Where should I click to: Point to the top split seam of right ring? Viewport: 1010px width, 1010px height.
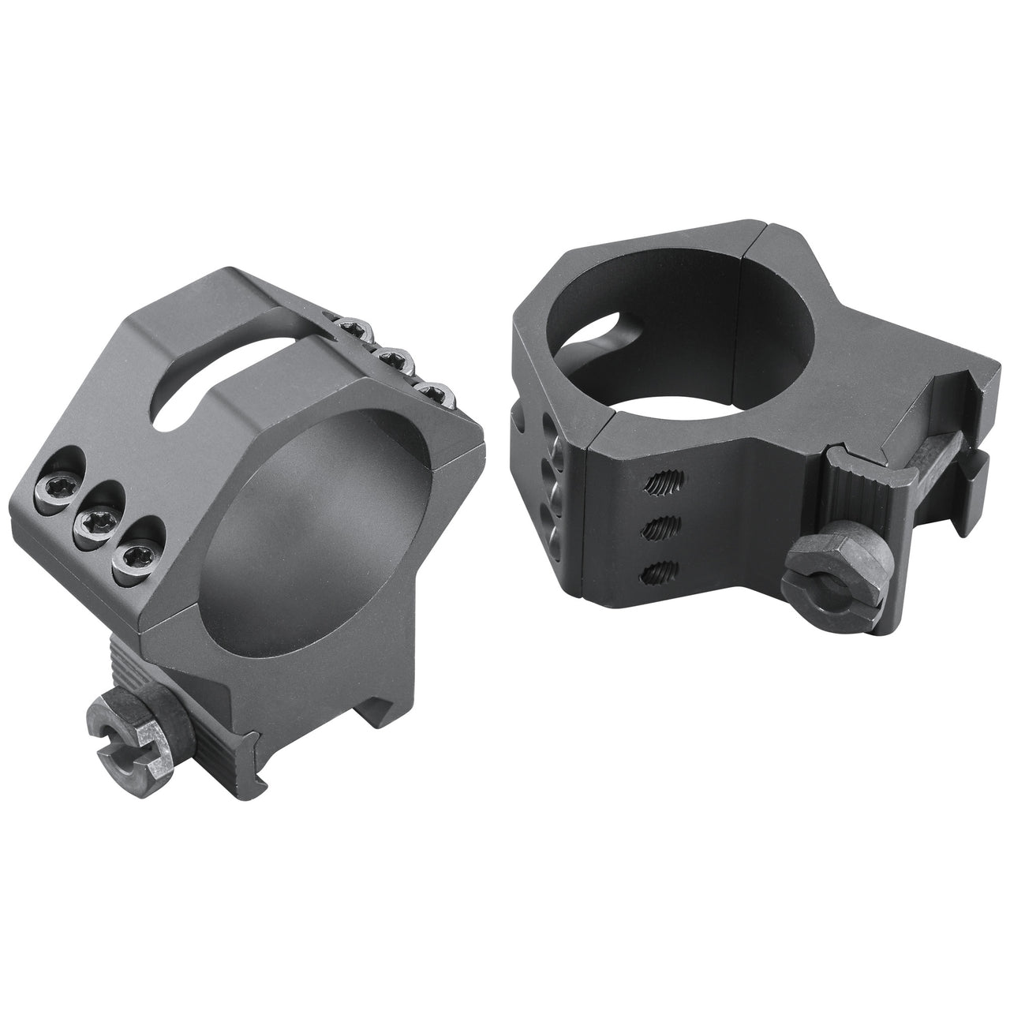tap(761, 214)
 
